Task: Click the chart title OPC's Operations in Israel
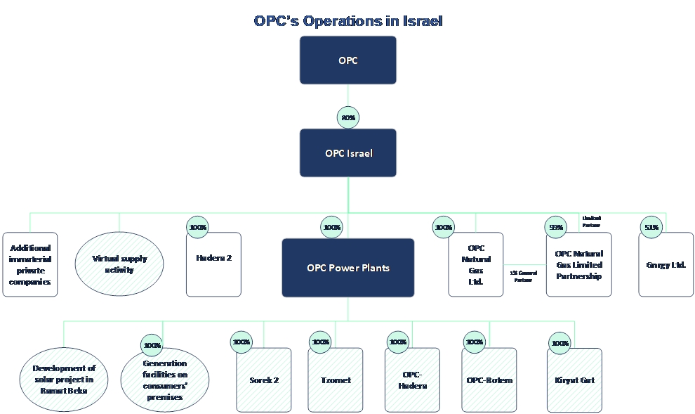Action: [348, 21]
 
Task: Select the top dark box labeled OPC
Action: [348, 60]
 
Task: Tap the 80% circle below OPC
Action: [348, 117]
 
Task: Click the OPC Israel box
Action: [348, 153]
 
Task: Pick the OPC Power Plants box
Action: [348, 268]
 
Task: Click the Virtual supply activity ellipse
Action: [119, 264]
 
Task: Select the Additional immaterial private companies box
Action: [30, 264]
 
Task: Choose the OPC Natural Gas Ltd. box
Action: [476, 264]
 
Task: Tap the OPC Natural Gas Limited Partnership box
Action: [578, 264]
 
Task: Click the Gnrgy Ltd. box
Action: [666, 264]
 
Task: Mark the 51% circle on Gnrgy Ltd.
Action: [651, 227]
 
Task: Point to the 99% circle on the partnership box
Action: [556, 227]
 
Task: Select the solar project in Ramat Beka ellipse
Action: [63, 380]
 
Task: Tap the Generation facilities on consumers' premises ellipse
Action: [165, 380]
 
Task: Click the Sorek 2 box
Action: [264, 380]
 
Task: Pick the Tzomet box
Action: [336, 380]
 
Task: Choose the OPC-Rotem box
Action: [489, 380]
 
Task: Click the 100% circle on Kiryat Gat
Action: [560, 343]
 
